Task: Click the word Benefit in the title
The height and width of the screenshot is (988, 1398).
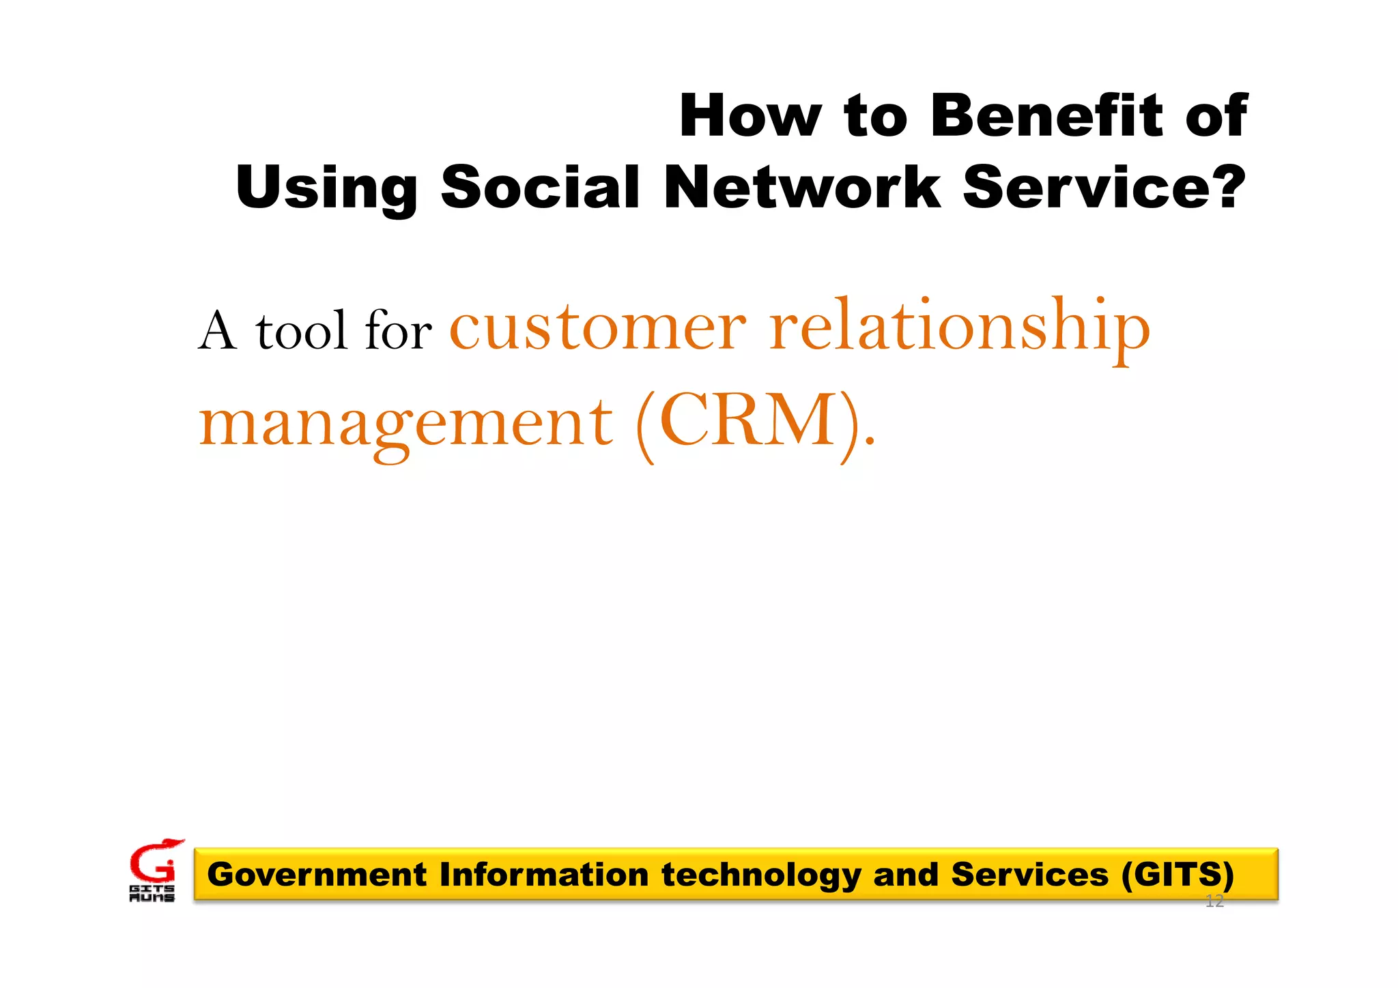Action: (x=1046, y=115)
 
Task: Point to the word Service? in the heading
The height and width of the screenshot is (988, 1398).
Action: (x=1104, y=188)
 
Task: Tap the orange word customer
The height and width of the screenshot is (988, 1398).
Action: (x=598, y=328)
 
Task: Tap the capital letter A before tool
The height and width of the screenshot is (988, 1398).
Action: (x=218, y=332)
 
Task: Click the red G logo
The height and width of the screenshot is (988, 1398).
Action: (x=154, y=861)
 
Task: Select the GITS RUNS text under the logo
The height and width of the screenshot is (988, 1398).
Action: (x=152, y=894)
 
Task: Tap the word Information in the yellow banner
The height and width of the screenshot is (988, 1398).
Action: (x=543, y=875)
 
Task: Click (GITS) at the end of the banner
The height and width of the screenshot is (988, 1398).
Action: (x=1178, y=875)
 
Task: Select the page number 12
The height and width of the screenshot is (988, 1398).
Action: (x=1214, y=902)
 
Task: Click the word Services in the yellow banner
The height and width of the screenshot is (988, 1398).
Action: (x=1029, y=875)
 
